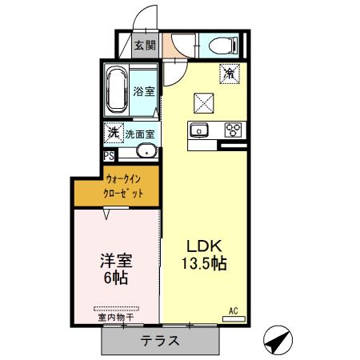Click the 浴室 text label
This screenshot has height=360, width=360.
pos(143,92)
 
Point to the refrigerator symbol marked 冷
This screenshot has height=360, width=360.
pos(230,73)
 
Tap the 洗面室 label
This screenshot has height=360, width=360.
pos(139,134)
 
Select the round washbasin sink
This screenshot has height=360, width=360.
pos(146,153)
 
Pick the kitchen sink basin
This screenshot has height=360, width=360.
pos(199,130)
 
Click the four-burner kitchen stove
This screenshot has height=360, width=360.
pos(234,130)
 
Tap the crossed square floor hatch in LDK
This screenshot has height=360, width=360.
pos(203,102)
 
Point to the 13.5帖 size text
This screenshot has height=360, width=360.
pos(203,264)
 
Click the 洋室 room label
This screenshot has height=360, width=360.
pos(115,261)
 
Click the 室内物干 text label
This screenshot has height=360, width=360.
pos(115,318)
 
